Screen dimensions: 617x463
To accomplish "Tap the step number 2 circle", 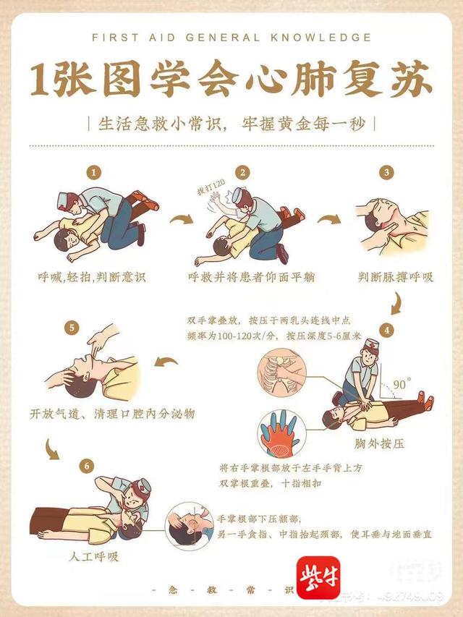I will [243, 173].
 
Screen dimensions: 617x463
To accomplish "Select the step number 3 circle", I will [388, 173].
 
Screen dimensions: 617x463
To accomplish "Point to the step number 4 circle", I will [388, 330].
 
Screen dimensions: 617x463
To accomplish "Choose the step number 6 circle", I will [87, 466].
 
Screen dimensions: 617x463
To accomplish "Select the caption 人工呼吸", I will [93, 557].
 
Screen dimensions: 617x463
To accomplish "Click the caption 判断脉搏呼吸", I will [396, 276].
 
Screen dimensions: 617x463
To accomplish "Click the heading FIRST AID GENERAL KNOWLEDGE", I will [231, 38].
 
